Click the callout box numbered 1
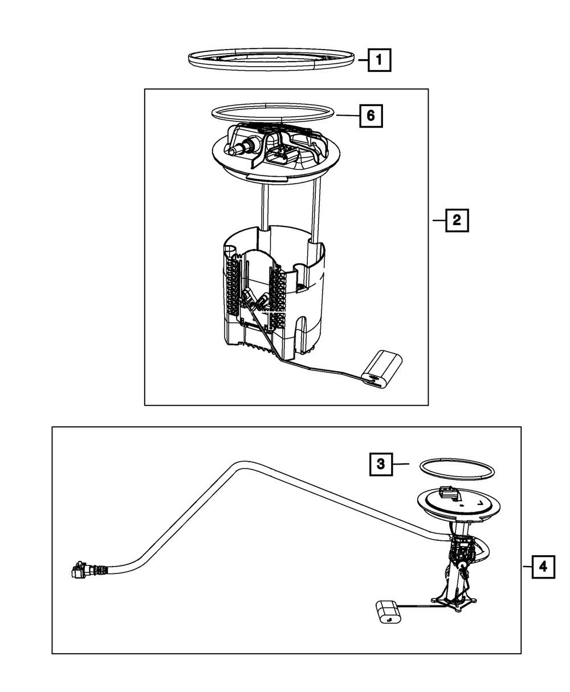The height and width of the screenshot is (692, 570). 379,59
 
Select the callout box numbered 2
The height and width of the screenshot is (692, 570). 457,220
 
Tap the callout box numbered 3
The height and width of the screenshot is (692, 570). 381,465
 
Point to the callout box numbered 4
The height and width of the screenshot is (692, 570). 543,567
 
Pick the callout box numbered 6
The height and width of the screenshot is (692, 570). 370,116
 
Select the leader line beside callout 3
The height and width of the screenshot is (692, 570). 402,465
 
